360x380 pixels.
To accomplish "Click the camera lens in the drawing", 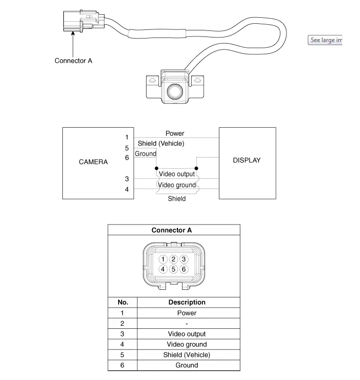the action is point(174,92).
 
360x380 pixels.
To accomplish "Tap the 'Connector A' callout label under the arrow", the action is point(73,61).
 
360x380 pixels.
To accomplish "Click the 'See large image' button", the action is point(325,40).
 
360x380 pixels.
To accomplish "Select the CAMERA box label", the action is point(93,162).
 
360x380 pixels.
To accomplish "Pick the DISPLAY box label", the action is point(247,160).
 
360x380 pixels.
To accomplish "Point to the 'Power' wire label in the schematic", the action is point(175,133).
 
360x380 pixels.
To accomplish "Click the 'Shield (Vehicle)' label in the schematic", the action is point(161,143).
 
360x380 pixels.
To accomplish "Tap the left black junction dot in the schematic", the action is point(157,168).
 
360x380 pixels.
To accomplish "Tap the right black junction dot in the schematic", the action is point(196,168).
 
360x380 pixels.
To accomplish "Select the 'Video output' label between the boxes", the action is point(177,174).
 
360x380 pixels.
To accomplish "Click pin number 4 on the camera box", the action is point(127,189).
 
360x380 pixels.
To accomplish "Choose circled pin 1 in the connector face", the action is point(163,259).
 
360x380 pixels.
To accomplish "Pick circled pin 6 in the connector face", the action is point(184,269).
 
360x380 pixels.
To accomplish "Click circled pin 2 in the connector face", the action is point(173,259).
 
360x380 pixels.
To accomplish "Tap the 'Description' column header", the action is point(187,302).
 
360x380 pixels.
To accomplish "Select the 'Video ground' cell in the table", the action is point(187,345).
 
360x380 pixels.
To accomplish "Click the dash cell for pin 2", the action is point(187,324).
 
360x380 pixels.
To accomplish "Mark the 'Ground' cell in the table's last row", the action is point(187,365).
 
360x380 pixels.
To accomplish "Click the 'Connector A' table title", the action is point(171,230).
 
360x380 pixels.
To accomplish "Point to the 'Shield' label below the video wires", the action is point(177,199).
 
